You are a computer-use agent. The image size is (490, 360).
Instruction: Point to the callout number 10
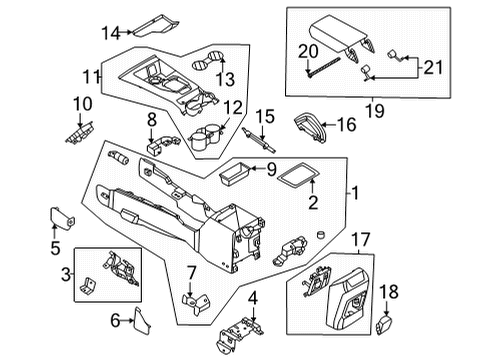pyautogui.click(x=81, y=103)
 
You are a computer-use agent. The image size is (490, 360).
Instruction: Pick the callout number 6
pyautogui.click(x=115, y=320)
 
